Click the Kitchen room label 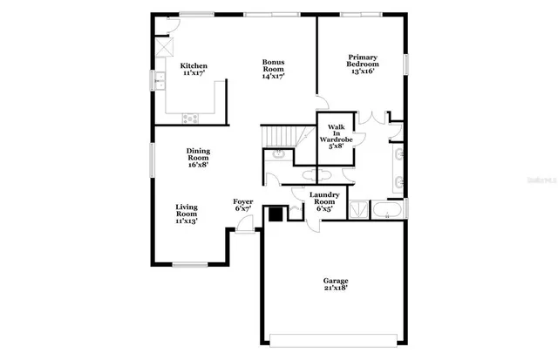[x=193, y=66]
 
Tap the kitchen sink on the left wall [x=160, y=81]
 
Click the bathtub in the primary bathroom [x=387, y=210]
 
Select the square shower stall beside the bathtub [x=357, y=210]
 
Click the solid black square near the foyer [x=276, y=214]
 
